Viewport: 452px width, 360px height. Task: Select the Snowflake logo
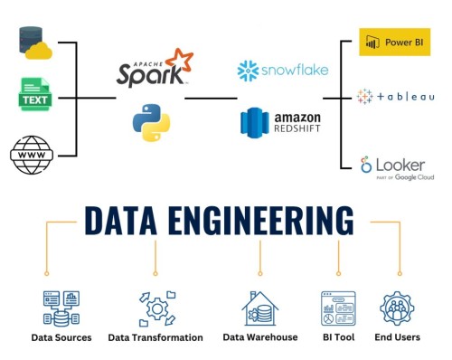click(283, 71)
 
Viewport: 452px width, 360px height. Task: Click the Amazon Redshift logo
click(281, 122)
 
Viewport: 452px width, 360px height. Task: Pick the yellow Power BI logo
click(394, 42)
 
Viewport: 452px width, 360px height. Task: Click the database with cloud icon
click(35, 43)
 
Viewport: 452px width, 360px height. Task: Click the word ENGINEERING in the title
click(270, 222)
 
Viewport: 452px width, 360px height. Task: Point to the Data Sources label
click(61, 337)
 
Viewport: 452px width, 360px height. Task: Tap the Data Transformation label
click(155, 337)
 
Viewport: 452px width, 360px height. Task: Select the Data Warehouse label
click(260, 337)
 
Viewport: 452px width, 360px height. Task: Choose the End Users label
click(398, 337)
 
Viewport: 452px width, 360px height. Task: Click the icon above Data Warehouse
click(260, 308)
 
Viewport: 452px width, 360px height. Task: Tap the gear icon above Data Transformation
click(155, 308)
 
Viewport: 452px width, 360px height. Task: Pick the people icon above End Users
click(398, 308)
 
